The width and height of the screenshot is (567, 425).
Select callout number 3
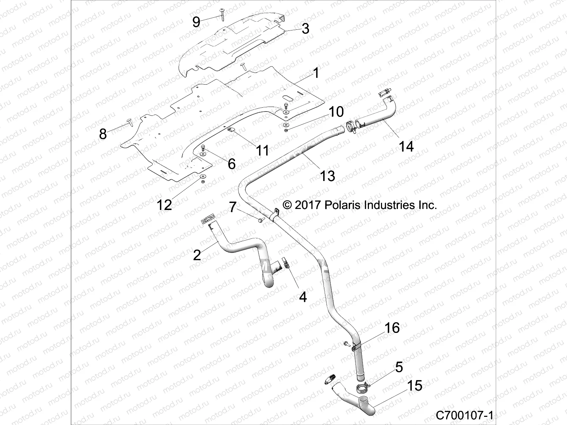click(x=305, y=28)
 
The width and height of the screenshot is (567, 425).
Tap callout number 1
click(x=315, y=73)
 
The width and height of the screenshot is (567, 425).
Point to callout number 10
click(x=336, y=112)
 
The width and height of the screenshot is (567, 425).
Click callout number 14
click(x=406, y=146)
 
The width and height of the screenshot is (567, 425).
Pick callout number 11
click(x=263, y=151)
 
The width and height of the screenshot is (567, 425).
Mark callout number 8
click(x=103, y=134)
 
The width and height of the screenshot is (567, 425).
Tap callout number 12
click(x=164, y=204)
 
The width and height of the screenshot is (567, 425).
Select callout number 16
click(x=392, y=328)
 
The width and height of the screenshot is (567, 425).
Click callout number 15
click(x=414, y=385)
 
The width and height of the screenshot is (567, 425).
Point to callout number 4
click(x=303, y=297)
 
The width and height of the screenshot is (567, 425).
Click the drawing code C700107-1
click(x=464, y=415)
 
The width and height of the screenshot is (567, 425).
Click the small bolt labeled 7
click(x=261, y=220)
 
